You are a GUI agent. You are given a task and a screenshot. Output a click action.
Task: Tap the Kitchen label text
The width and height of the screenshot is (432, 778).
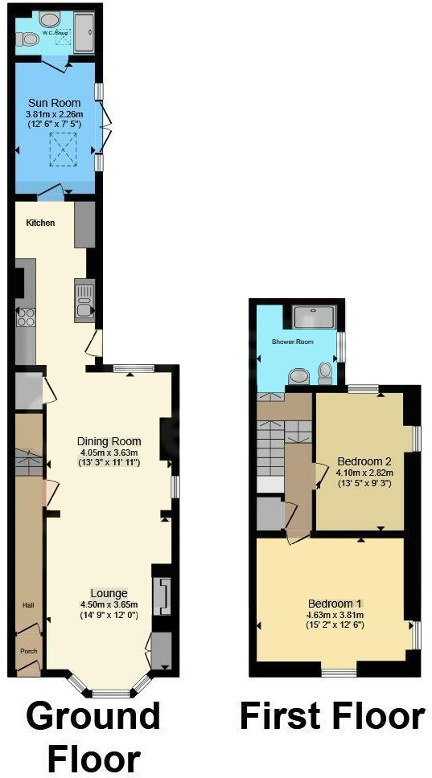(x=40, y=223)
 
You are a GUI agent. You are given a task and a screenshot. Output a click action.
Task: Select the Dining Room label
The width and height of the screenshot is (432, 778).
(x=109, y=441)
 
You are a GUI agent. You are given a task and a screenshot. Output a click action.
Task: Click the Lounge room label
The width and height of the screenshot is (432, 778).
(x=109, y=592)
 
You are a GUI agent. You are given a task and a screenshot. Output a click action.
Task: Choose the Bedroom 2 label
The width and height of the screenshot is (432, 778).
(x=364, y=461)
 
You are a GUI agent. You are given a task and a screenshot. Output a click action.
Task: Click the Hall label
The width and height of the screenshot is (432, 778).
(x=27, y=604)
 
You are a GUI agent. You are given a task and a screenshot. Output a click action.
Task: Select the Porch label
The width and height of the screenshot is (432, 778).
(x=28, y=651)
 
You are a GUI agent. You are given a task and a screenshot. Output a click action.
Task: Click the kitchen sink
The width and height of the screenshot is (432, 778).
(x=84, y=299)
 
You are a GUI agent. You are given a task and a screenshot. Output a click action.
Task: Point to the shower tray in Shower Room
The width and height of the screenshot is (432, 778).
(x=315, y=317)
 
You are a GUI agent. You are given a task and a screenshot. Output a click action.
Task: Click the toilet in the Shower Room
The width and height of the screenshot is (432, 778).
(x=325, y=372)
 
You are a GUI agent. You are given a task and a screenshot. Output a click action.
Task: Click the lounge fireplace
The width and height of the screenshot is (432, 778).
(x=163, y=596)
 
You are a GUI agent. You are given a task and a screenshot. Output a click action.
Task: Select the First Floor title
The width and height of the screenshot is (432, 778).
(x=331, y=715)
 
